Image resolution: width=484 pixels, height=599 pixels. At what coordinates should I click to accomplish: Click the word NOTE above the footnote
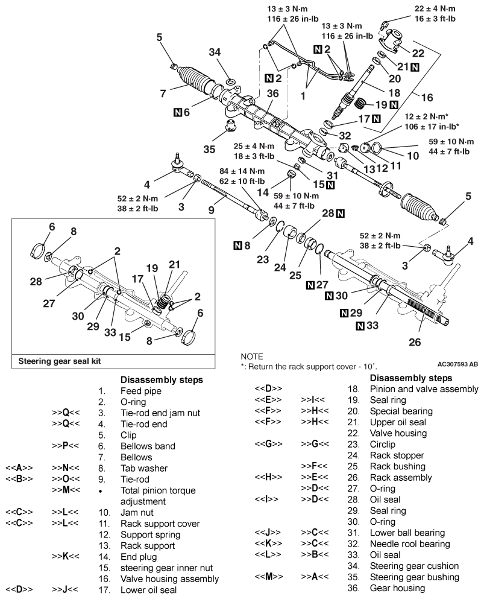pos(252,357)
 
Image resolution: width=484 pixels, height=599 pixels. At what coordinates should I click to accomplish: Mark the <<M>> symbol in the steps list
pos(268,575)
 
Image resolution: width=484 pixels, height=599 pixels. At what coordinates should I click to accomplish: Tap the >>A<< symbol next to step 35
pos(315,575)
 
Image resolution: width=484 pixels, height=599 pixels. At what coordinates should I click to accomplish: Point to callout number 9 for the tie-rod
pos(211,209)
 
